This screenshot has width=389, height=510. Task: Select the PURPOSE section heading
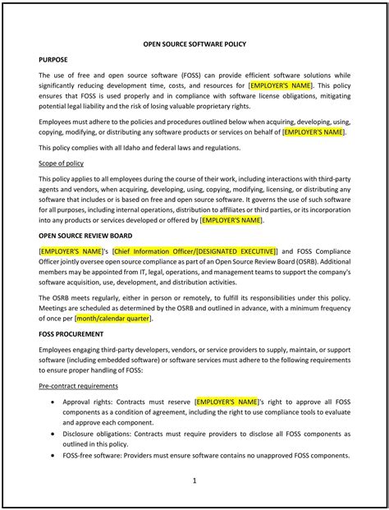54,60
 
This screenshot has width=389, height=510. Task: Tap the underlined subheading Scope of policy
63,163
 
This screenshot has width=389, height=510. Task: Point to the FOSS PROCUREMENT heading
71,335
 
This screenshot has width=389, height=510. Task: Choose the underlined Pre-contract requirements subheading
85,386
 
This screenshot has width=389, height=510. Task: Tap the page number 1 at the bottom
194,482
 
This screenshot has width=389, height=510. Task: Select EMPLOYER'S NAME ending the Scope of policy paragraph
231,220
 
